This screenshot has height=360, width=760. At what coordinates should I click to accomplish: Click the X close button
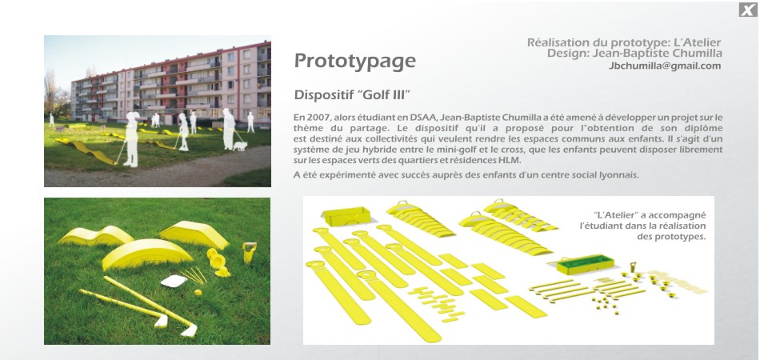pos(748,10)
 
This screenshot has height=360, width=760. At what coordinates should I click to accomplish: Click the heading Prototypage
pos(354,62)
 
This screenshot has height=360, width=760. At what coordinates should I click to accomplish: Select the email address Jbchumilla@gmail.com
pos(665,66)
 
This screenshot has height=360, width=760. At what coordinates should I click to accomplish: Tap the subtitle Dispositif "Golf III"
pos(352,94)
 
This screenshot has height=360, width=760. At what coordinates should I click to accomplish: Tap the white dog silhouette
pos(240,146)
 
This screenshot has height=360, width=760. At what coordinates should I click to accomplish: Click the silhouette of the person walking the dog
pos(228,128)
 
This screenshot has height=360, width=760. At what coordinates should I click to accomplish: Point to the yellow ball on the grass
pos(198,292)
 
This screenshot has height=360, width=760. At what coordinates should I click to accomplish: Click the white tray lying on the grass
pos(174,281)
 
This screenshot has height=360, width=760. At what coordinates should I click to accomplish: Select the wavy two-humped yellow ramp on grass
pos(96,236)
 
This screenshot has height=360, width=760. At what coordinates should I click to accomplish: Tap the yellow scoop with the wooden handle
pos(249,253)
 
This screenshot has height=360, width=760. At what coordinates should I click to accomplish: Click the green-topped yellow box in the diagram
pos(585,264)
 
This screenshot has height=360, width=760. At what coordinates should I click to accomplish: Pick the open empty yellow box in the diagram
pos(346,216)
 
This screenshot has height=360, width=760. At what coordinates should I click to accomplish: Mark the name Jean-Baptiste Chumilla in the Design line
pos(658,54)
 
